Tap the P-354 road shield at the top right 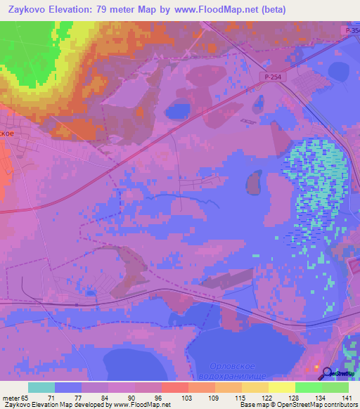coord(352,31)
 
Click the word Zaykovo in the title coord(32,10)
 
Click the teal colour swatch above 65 coord(41,387)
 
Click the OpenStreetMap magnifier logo coord(326,372)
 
